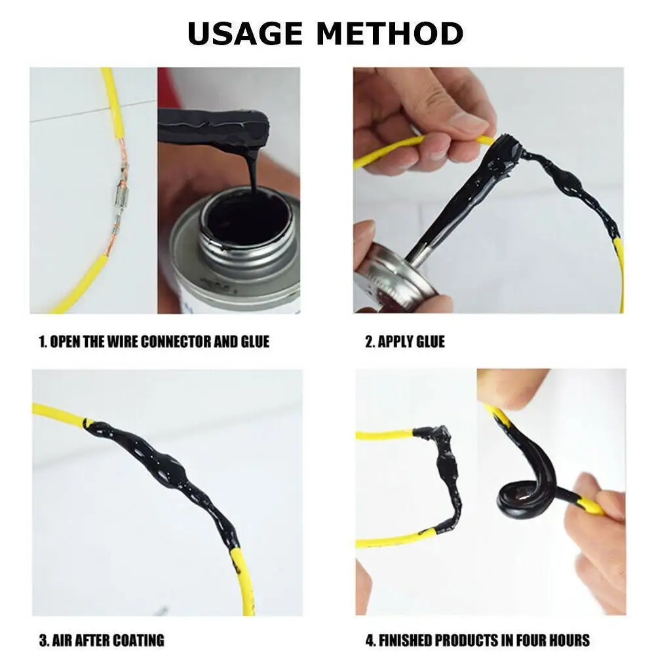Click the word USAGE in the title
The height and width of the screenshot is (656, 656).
244,33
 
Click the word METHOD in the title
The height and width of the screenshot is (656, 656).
390,33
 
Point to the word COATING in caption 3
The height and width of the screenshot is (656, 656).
138,640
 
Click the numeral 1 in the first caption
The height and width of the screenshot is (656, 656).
42,342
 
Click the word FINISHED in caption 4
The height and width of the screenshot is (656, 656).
405,640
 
